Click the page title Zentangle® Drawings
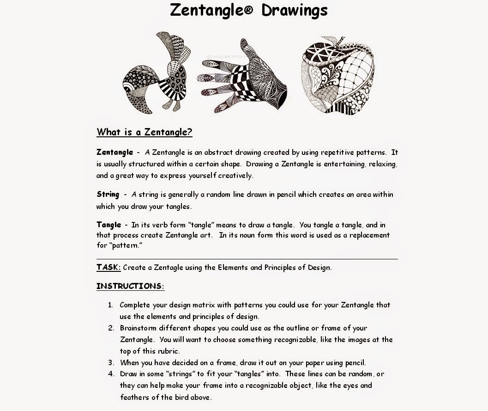click(x=249, y=10)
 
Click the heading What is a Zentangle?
click(x=144, y=132)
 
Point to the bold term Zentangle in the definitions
click(x=114, y=152)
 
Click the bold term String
click(x=108, y=194)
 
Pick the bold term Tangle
click(x=108, y=225)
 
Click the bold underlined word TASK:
click(x=108, y=267)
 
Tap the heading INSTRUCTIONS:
click(x=130, y=286)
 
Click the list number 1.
click(x=110, y=305)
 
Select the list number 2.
click(x=111, y=328)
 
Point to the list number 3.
click(x=111, y=362)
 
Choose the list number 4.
click(x=111, y=374)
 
